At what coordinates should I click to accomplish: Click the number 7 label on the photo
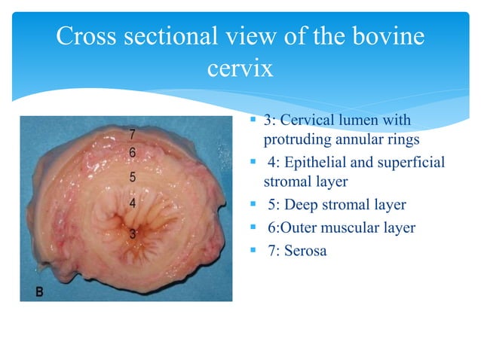(x=132, y=135)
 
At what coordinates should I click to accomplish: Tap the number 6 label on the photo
(x=132, y=152)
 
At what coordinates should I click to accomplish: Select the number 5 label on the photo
(x=132, y=178)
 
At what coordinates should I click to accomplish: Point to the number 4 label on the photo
(x=132, y=203)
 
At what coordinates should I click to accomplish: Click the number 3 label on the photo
(x=132, y=233)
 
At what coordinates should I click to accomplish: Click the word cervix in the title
(x=240, y=69)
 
